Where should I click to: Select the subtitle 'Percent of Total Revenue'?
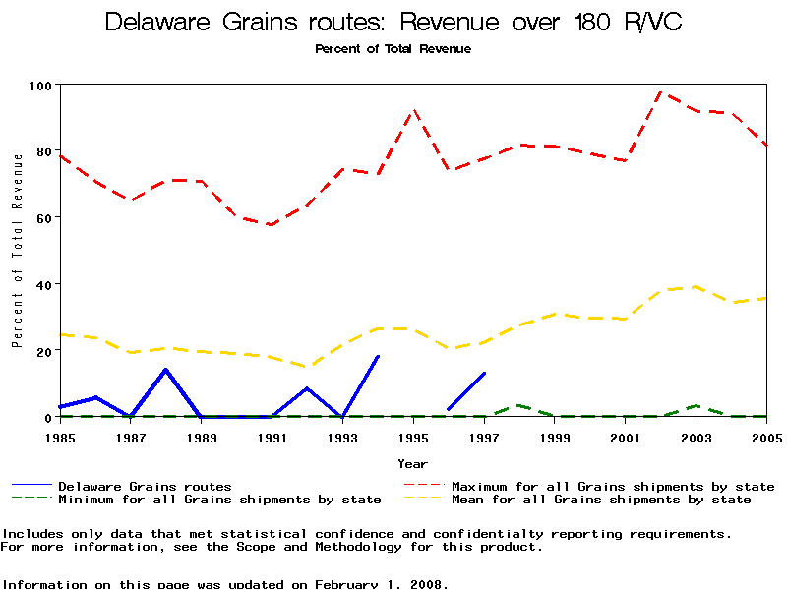click(x=393, y=49)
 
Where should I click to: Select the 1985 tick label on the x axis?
click(x=60, y=436)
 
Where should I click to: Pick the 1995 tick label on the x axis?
click(x=413, y=436)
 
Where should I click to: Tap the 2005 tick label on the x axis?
click(x=766, y=436)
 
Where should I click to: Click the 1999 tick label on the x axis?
click(x=555, y=436)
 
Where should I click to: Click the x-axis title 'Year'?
click(x=413, y=463)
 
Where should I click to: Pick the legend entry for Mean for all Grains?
click(x=600, y=500)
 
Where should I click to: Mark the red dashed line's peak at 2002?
click(x=661, y=91)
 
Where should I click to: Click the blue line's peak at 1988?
click(x=166, y=370)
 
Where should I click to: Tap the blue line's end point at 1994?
click(x=378, y=357)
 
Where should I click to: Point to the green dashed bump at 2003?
click(x=696, y=405)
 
